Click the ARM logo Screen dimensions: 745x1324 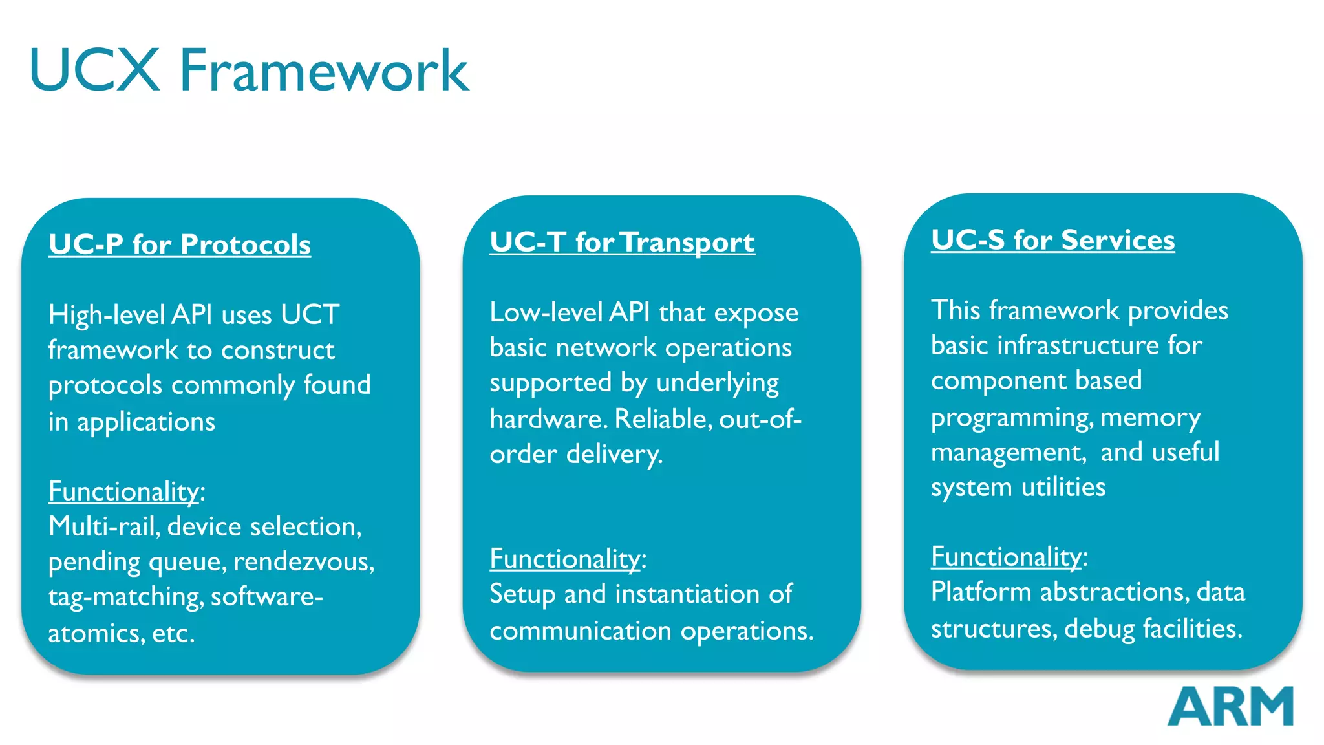pos(1230,706)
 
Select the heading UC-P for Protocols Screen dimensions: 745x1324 pos(180,244)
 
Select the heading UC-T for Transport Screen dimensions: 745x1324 pos(622,243)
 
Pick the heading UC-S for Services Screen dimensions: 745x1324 pos(1052,240)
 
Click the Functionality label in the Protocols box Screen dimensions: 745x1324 pos(124,491)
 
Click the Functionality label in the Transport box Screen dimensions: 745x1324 pos(565,559)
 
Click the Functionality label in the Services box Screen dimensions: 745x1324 pos(1007,557)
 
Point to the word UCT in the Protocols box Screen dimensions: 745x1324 pos(310,315)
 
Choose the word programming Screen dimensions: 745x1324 pos(1011,418)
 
